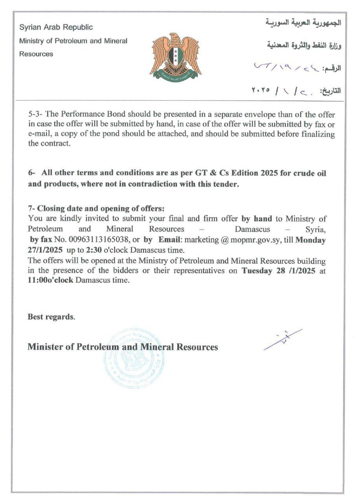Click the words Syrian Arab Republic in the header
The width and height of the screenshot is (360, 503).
pyautogui.click(x=56, y=27)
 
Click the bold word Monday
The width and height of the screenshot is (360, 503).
pyautogui.click(x=310, y=239)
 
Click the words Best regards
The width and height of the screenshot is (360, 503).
pyautogui.click(x=51, y=317)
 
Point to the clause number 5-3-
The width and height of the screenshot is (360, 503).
pyautogui.click(x=37, y=114)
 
